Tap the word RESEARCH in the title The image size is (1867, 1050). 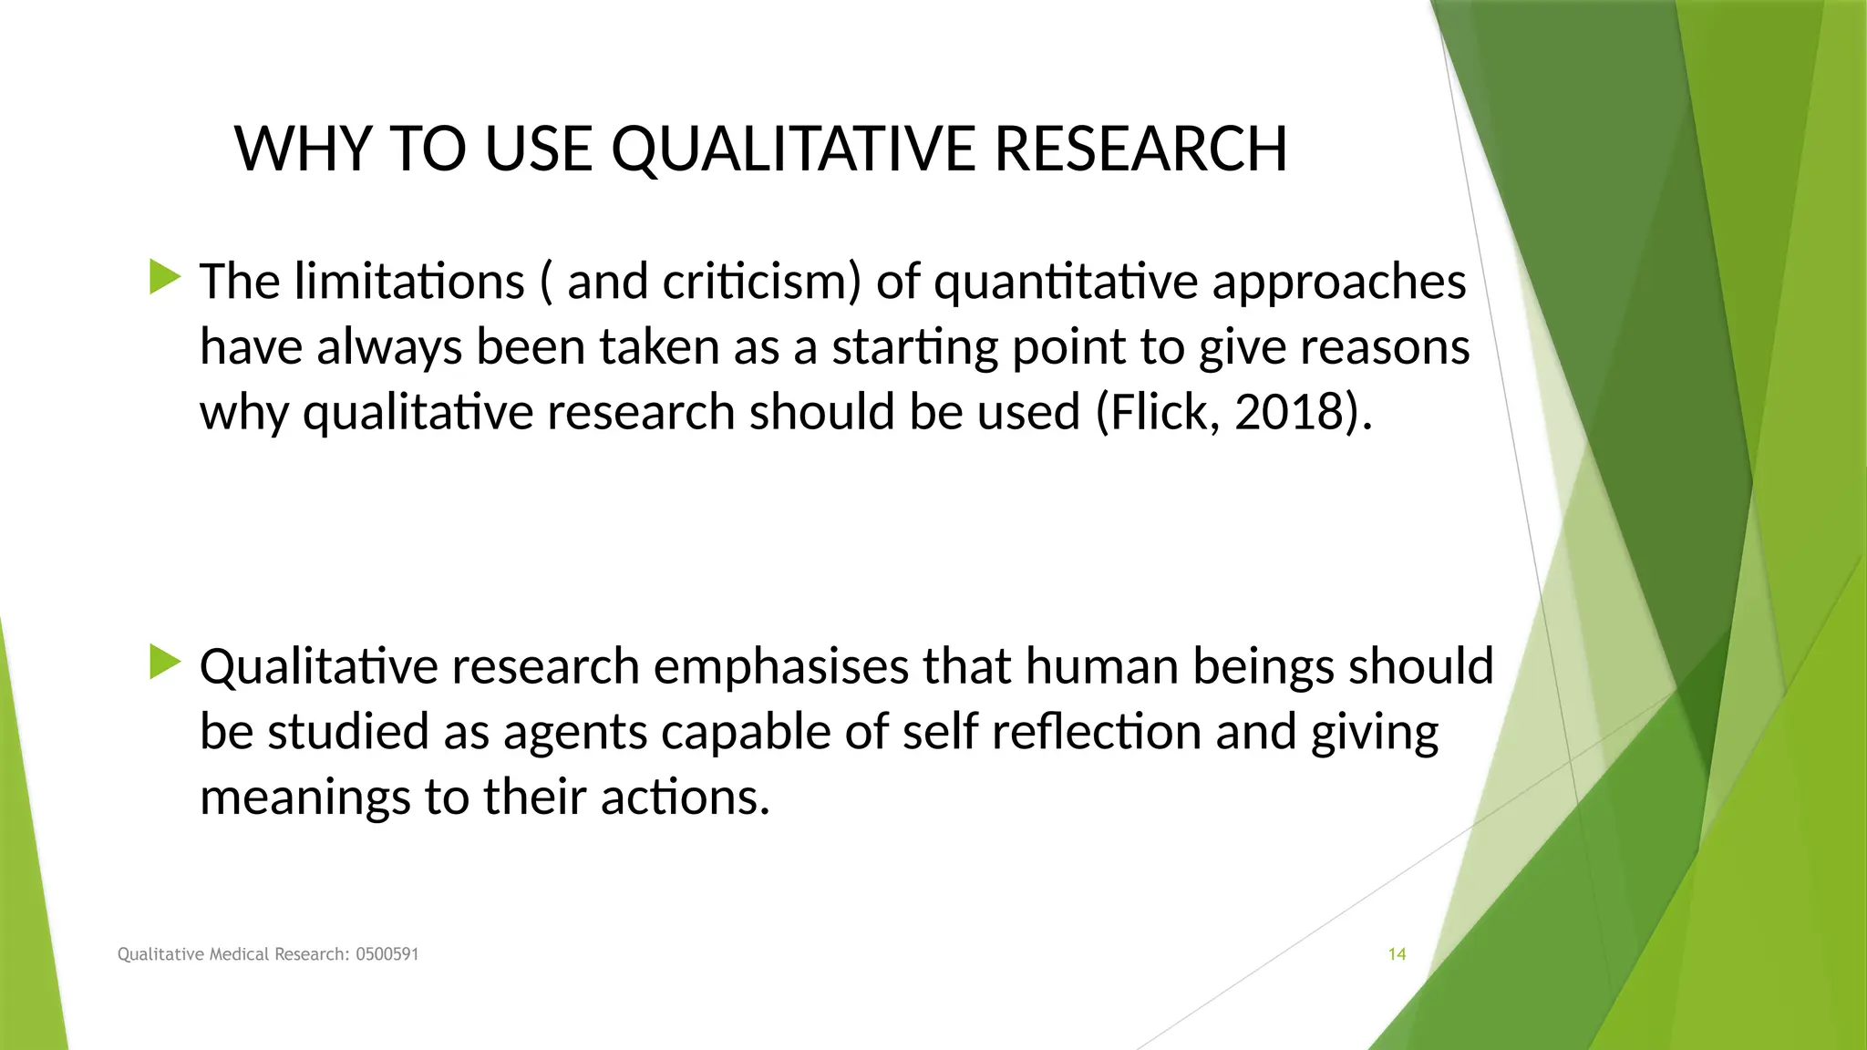(1140, 149)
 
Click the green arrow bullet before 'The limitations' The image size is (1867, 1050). (165, 276)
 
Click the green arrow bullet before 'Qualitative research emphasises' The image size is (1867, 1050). (165, 662)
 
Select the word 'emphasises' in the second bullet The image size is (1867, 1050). (781, 667)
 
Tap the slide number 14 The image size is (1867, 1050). (1397, 954)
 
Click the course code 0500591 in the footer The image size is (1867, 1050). (387, 954)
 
